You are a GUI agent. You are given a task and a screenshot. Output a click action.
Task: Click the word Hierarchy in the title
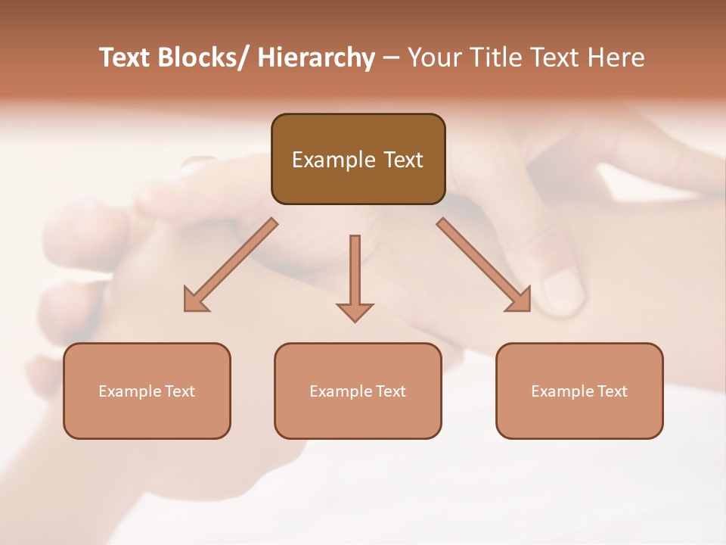(x=316, y=58)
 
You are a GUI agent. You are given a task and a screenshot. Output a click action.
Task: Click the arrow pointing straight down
(x=355, y=272)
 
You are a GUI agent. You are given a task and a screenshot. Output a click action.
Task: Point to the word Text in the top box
(x=402, y=160)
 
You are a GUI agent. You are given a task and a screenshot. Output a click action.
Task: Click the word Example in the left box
(x=129, y=391)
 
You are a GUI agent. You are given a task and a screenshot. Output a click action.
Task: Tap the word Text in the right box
(x=612, y=391)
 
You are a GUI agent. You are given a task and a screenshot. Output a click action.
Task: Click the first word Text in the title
(x=126, y=58)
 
